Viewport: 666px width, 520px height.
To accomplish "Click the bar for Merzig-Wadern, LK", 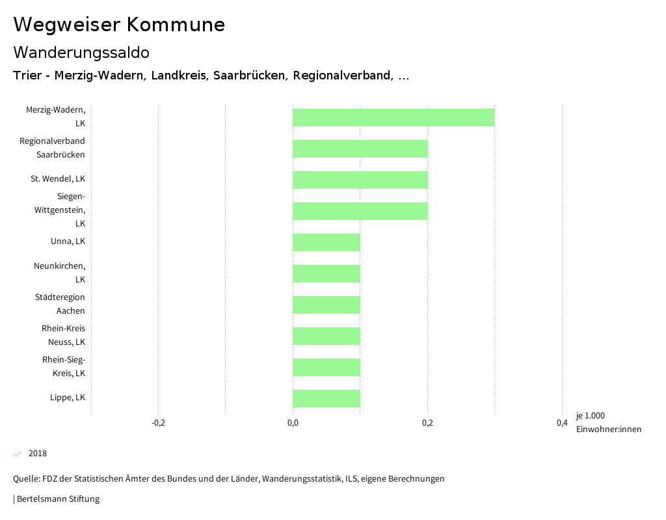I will click(393, 118).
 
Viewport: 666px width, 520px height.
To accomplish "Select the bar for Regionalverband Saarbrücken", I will click(360, 149).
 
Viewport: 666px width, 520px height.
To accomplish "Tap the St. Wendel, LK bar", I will click(360, 180).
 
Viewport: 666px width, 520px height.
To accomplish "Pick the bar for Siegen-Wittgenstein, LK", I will click(360, 212).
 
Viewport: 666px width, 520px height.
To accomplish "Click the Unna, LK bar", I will click(326, 243).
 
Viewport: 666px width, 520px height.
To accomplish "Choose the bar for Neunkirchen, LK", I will click(326, 274).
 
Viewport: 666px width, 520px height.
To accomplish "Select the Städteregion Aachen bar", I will click(326, 305).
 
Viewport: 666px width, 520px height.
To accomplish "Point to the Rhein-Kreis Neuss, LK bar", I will click(326, 336).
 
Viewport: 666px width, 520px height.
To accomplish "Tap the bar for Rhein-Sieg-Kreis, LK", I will click(326, 368).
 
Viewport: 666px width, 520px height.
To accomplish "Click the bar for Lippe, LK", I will click(326, 399).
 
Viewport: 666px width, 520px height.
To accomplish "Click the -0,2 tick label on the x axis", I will click(158, 423).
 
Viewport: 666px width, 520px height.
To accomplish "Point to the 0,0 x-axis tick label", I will click(293, 423).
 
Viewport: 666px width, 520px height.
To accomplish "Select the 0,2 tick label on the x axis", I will click(427, 423).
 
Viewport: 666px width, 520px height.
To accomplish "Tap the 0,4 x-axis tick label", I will click(562, 423).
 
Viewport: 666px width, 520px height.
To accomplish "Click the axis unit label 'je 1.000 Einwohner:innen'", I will click(608, 422).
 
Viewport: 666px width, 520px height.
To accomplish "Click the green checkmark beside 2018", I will click(18, 454).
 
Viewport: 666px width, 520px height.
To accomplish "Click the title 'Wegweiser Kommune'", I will click(119, 25).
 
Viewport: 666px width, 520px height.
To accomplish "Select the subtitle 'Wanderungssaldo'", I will click(81, 52).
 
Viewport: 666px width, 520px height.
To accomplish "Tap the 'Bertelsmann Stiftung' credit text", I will click(58, 499).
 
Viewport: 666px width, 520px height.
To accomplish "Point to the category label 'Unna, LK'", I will click(68, 241).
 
